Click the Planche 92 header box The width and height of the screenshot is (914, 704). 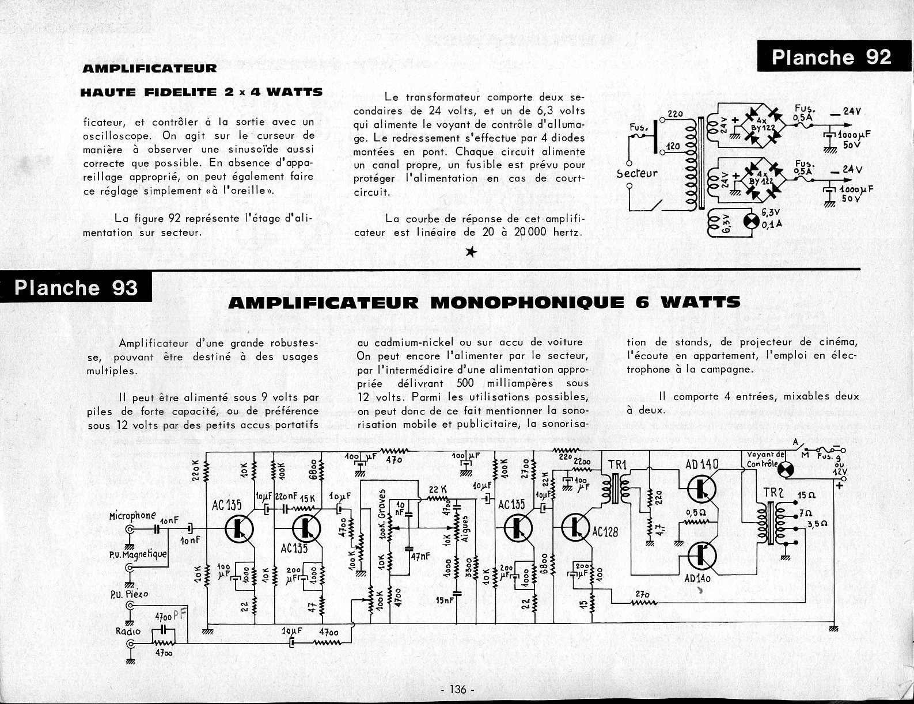[830, 57]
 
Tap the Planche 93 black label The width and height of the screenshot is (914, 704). [75, 287]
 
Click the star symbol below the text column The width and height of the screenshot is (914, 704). [471, 252]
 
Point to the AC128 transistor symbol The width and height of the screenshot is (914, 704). [575, 527]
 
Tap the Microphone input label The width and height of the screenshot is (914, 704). [132, 516]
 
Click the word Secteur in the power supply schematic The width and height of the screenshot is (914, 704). [636, 173]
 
